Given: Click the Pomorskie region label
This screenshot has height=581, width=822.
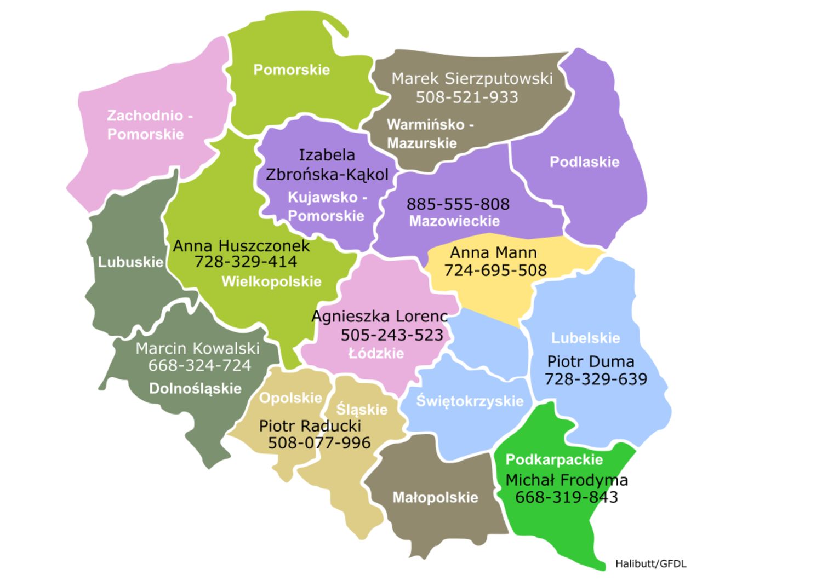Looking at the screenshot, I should (x=292, y=70).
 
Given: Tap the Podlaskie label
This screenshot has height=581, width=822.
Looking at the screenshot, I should (x=584, y=162).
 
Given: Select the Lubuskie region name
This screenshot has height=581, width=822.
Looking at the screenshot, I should (x=130, y=262).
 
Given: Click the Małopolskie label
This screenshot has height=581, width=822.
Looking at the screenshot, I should (x=435, y=498).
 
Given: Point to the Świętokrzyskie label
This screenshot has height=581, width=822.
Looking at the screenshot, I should (x=470, y=401).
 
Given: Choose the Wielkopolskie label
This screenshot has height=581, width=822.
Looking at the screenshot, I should (x=271, y=282).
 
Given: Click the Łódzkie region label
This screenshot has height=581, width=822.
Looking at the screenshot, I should (x=376, y=354).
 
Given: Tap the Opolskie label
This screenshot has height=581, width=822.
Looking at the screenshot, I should (x=290, y=398).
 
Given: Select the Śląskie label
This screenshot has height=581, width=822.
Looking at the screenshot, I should (x=362, y=410).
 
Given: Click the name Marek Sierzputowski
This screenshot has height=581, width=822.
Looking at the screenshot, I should (x=472, y=79).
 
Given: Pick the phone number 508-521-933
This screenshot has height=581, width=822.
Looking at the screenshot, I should (x=467, y=97).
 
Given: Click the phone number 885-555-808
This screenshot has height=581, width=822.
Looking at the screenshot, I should (x=458, y=204).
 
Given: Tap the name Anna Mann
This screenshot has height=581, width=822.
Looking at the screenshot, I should (x=493, y=253).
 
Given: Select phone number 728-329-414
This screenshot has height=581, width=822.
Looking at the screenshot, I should (x=246, y=262).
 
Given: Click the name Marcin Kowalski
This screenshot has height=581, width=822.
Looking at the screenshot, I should (x=197, y=348).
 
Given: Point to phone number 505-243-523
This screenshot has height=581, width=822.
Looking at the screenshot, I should (x=392, y=335).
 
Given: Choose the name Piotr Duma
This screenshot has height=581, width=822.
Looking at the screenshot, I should (x=591, y=362).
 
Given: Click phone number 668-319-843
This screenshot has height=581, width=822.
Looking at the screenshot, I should (x=566, y=497).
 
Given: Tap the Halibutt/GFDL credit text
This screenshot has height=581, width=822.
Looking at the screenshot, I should (x=650, y=564).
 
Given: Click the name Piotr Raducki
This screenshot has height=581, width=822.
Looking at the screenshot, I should (x=310, y=426).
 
